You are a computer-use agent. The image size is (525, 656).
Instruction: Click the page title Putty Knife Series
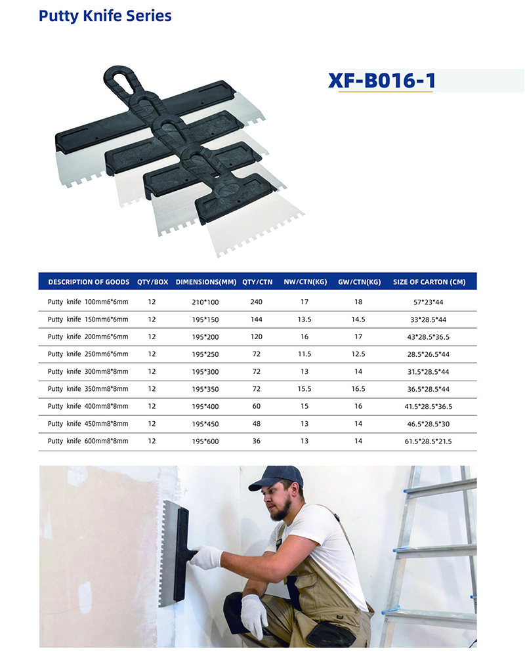coord(105,16)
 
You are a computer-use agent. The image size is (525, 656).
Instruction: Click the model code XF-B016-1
coord(382,80)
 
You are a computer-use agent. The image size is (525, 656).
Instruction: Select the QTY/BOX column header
coord(152,282)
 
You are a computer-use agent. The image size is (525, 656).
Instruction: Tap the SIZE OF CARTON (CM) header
coord(429,282)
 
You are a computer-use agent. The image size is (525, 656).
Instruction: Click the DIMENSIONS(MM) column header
coord(206,282)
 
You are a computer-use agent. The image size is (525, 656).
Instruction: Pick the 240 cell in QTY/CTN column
coord(256,302)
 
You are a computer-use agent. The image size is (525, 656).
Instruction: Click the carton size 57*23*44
coord(429,302)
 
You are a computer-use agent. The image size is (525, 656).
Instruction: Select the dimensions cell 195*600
coord(205,441)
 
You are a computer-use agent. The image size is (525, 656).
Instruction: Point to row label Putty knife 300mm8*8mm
coord(88,371)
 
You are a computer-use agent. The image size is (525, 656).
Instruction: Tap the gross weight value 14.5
coord(358,319)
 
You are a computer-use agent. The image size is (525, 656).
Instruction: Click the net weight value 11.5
coord(304,354)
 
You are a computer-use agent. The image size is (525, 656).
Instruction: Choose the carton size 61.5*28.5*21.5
coord(429,441)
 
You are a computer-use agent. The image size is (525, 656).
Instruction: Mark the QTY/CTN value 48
coord(256,424)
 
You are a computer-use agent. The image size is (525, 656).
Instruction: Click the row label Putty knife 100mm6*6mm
coord(88,302)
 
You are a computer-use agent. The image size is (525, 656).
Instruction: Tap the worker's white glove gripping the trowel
coord(207,557)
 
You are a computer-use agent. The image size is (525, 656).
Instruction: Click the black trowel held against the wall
coord(175,553)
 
